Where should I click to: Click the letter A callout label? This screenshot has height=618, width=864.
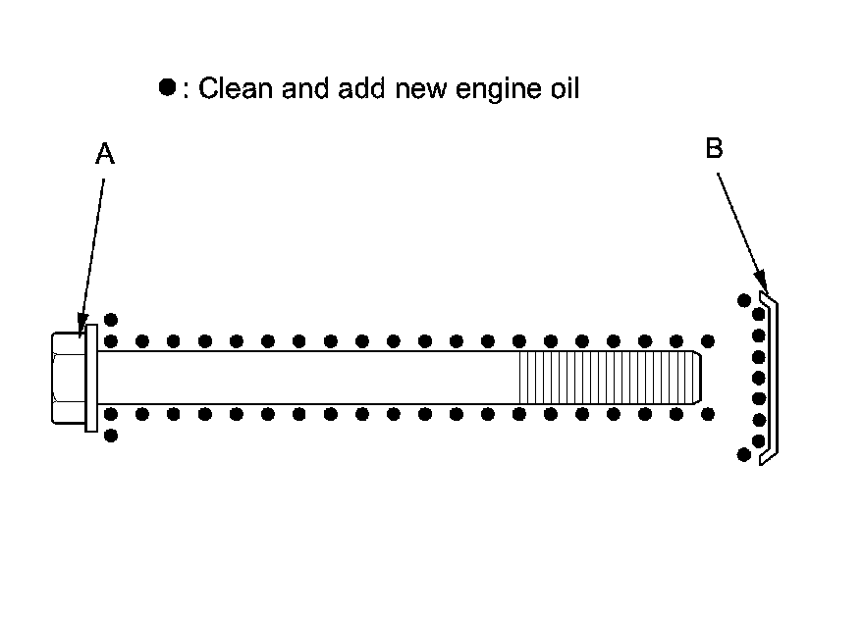tap(105, 153)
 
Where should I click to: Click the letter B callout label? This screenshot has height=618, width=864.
tap(714, 148)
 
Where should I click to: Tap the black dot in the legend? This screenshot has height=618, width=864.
tap(167, 87)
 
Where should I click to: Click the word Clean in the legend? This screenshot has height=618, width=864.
tap(236, 88)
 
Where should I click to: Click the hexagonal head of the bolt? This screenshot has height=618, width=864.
tap(69, 378)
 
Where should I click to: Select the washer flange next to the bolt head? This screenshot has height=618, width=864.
tap(91, 378)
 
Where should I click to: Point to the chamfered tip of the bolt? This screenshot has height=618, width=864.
tap(698, 378)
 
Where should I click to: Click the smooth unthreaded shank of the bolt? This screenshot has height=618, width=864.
tap(308, 378)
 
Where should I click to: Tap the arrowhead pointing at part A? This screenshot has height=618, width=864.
tap(82, 325)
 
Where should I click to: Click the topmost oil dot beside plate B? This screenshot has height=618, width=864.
tap(744, 300)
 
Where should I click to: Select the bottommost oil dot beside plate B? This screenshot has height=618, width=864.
tap(744, 454)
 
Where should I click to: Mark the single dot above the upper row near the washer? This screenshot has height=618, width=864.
tap(111, 319)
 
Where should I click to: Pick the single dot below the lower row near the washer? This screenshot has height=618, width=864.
tap(111, 436)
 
